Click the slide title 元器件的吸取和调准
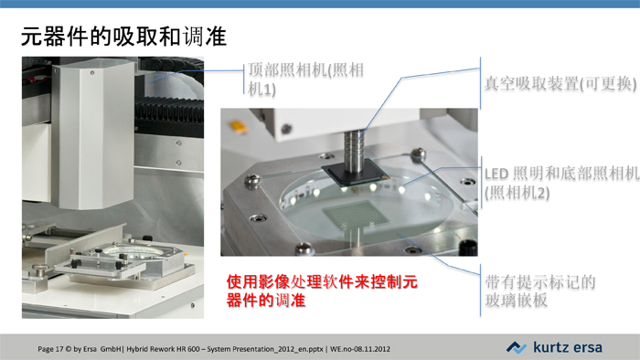coord(123,37)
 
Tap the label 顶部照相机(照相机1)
coord(305,79)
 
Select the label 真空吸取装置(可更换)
coord(560,83)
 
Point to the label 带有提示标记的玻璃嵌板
coord(540,291)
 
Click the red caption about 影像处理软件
coord(322,291)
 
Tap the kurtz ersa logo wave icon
coord(517,347)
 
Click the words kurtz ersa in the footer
coord(568,347)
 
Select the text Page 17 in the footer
coord(50,349)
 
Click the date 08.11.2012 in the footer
coord(372,349)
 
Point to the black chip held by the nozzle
coord(355,174)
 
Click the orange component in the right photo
coord(239,126)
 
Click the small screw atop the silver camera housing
coord(92,73)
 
